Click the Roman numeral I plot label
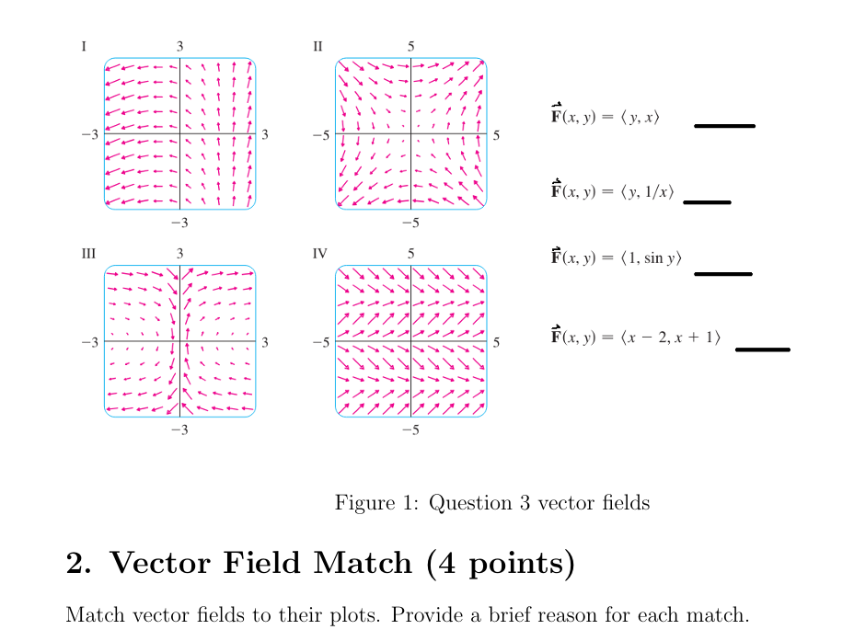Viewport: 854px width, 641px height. (85, 45)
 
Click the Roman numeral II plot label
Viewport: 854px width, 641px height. (317, 45)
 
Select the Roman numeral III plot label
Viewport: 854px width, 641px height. (87, 252)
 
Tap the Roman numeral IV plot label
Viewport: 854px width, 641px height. (319, 252)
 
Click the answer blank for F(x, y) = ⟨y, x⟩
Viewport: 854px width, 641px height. (724, 125)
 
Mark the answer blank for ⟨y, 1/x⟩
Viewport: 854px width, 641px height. (707, 202)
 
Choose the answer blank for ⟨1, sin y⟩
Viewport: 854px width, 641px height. (722, 273)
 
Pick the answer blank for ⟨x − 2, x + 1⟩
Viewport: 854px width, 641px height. (763, 349)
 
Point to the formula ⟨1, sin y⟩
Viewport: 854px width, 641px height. (616, 258)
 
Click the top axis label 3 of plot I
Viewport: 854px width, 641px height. (180, 45)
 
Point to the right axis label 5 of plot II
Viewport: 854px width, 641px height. (497, 135)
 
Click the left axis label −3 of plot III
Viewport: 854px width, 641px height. (88, 343)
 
